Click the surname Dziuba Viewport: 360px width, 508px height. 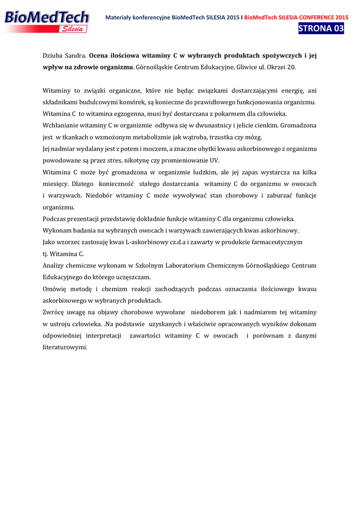[x=53, y=56]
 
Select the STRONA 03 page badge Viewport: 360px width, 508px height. [x=321, y=28]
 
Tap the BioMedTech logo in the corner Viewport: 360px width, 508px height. [x=47, y=21]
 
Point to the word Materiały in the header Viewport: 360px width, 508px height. [x=121, y=17]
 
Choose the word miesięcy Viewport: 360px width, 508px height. [x=55, y=184]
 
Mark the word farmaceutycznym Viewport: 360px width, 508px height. [x=274, y=242]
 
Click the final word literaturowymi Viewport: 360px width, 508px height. [x=65, y=347]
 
